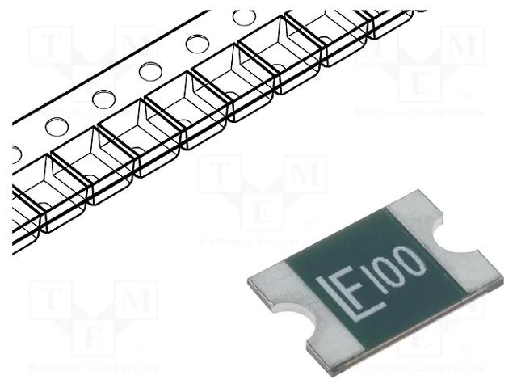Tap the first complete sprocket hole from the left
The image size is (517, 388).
[57, 126]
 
